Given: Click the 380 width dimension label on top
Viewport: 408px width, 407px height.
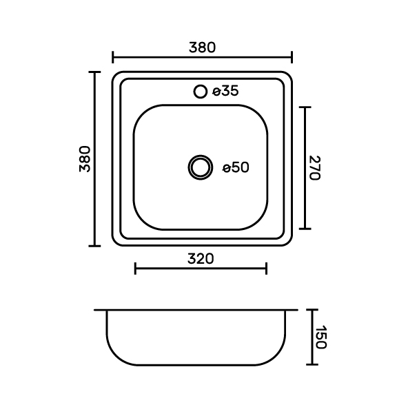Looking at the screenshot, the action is [x=202, y=48].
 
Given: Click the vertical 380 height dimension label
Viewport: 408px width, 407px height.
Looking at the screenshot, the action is [x=85, y=159].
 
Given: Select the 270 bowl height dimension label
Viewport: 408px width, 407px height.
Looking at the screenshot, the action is [x=314, y=168].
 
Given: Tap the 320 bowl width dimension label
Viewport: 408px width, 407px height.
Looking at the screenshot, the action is [x=201, y=259].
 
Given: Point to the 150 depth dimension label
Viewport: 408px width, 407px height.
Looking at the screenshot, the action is [x=320, y=337].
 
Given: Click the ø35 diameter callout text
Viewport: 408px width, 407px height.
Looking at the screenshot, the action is [x=225, y=91].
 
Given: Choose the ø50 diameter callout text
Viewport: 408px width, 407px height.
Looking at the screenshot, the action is [x=236, y=167].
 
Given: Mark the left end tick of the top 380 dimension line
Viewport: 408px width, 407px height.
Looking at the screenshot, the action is [x=112, y=57].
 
